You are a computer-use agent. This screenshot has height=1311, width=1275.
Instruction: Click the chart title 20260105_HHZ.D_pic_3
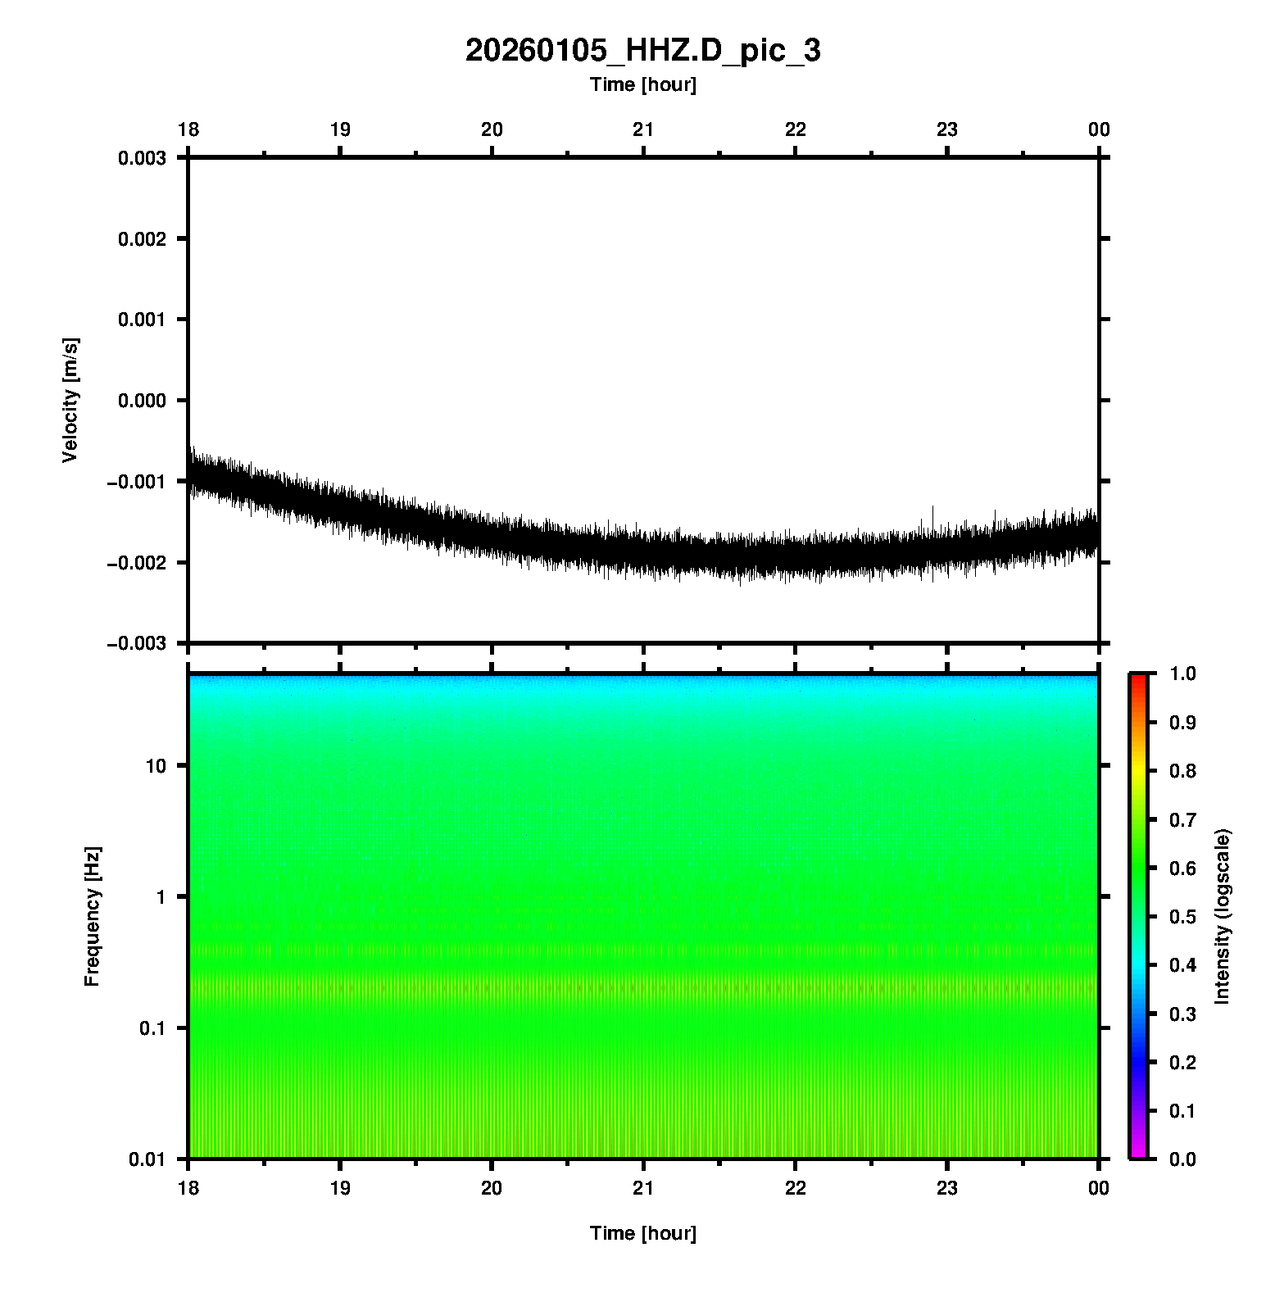click(642, 51)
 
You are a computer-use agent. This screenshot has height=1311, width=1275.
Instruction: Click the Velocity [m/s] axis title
click(70, 400)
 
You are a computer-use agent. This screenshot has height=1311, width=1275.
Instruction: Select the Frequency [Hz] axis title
click(92, 917)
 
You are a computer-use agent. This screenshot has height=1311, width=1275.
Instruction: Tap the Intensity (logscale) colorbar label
click(1223, 916)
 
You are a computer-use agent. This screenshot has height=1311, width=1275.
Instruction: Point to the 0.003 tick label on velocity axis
click(143, 158)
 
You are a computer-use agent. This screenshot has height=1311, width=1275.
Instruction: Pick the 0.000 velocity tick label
click(143, 401)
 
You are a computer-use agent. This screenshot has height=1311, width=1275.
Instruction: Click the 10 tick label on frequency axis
click(156, 766)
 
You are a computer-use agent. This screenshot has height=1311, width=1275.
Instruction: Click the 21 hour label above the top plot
click(643, 129)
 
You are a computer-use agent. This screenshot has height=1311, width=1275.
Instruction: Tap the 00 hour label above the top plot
click(1099, 129)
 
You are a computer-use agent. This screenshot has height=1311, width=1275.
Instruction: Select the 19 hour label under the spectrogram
click(340, 1188)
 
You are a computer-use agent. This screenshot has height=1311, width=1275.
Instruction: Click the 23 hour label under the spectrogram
click(947, 1188)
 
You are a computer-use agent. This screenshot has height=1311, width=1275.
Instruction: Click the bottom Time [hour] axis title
click(642, 1233)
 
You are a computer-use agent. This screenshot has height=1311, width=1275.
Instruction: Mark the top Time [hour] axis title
click(642, 84)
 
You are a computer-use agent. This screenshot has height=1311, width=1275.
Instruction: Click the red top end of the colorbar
click(1137, 678)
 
